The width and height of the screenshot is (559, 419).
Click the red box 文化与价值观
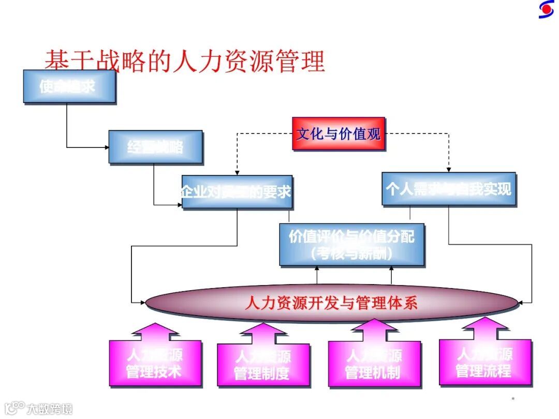pos(339,133)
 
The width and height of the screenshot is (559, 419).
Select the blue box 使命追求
pos(69,86)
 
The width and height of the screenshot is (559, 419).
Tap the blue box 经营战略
pos(155,147)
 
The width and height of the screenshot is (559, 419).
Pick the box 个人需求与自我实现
pos(448,188)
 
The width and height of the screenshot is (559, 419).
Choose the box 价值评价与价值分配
pos(351,244)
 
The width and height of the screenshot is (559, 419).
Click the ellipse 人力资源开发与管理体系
pos(331,302)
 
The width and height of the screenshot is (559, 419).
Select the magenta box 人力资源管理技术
pos(155,363)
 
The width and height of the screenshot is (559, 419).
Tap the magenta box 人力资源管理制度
pos(262,365)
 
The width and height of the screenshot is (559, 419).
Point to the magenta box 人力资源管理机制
pos(374,364)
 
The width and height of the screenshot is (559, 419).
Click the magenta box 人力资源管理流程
pos(484,362)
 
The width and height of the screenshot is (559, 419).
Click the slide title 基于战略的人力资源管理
pos(184,61)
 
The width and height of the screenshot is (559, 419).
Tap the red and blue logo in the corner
pos(546,9)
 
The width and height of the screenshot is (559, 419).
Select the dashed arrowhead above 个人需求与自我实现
pos(449,169)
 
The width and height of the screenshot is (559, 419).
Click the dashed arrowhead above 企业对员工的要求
pos(237,172)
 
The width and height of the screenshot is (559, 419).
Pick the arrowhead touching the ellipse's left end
pos(143,302)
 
